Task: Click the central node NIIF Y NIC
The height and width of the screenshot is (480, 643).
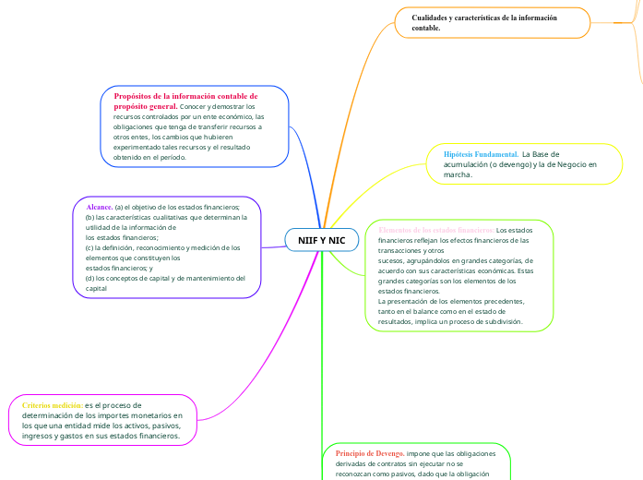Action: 321,240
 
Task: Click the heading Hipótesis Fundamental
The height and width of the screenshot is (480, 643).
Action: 480,153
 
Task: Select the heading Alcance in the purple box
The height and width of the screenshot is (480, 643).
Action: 99,208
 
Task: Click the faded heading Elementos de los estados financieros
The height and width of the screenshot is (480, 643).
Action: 436,229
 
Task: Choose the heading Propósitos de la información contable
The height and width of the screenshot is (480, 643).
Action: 185,96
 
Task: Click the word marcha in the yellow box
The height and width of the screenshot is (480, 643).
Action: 458,174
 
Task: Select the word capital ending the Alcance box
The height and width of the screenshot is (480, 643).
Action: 96,288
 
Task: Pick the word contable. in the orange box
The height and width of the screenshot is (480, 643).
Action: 426,29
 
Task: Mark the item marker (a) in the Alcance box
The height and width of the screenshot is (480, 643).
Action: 120,208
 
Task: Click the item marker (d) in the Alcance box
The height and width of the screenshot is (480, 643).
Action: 89,278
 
